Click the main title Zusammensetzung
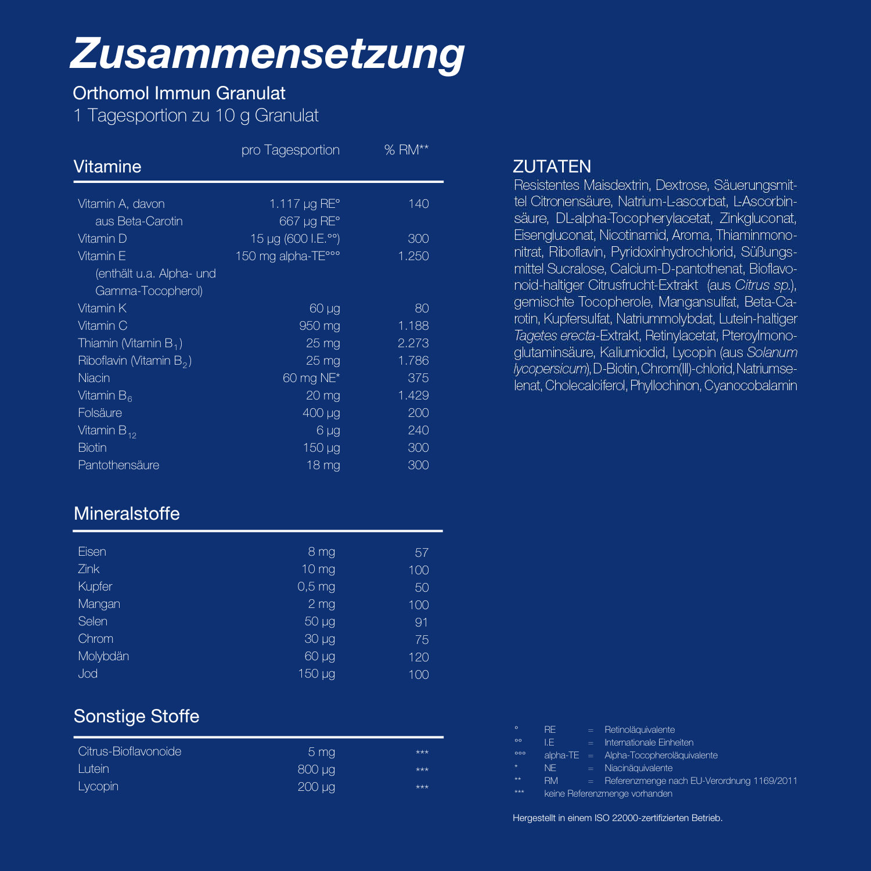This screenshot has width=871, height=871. (x=267, y=53)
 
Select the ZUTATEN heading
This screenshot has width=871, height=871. (x=552, y=167)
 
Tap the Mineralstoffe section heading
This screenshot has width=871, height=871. (x=127, y=514)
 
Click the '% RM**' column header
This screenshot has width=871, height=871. (x=406, y=150)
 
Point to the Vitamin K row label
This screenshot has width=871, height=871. (x=102, y=308)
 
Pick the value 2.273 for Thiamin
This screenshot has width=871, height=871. (x=413, y=343)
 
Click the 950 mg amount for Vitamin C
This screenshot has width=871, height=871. (x=319, y=326)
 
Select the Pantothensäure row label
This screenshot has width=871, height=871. (x=118, y=465)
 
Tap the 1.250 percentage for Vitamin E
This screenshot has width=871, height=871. (x=413, y=256)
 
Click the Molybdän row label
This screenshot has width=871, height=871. (x=103, y=656)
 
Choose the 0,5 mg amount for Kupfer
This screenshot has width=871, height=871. (x=316, y=586)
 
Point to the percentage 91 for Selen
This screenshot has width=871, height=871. (x=422, y=622)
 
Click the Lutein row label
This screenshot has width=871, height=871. (x=93, y=769)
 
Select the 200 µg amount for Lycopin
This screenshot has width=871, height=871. (x=316, y=787)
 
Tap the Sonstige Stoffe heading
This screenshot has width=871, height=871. (x=136, y=717)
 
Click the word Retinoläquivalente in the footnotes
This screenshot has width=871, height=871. (x=639, y=730)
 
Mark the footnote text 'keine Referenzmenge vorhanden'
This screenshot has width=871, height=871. (x=608, y=794)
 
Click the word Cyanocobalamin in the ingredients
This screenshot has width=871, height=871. (x=750, y=386)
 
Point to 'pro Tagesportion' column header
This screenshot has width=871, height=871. (x=290, y=150)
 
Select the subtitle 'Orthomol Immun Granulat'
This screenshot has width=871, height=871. (x=179, y=93)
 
